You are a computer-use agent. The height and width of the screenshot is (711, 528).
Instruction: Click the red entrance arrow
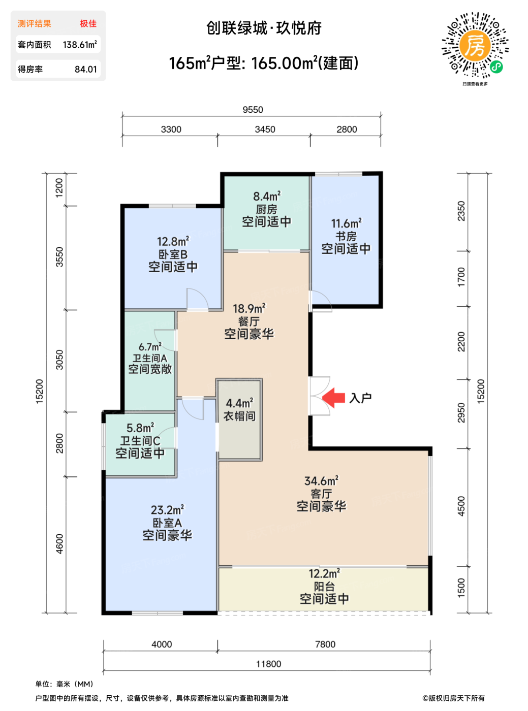point(333,398)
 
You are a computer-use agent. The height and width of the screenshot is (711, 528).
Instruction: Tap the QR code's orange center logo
point(475,47)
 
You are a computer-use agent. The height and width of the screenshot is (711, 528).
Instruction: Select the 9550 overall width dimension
point(253,110)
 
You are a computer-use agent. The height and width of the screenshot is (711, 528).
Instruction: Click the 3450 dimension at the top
point(265,130)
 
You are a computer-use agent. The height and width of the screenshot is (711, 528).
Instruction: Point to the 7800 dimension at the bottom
point(325,644)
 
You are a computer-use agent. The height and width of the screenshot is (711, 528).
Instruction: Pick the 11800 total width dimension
point(268,664)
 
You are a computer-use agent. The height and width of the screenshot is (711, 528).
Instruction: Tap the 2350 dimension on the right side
point(461,211)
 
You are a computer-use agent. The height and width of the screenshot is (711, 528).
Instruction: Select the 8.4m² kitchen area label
point(267,196)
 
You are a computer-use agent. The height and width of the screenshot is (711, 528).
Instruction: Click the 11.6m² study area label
point(347,223)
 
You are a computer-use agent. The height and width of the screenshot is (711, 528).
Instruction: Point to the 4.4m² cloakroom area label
point(240,403)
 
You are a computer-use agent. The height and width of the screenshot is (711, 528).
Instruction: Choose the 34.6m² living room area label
point(321,481)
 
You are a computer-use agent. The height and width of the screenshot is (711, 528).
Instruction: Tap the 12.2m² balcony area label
point(324,573)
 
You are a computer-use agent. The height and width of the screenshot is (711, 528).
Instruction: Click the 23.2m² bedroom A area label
point(168,510)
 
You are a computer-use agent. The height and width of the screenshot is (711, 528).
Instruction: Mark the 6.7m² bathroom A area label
point(150,346)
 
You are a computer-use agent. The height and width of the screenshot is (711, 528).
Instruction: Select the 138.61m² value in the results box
point(80,45)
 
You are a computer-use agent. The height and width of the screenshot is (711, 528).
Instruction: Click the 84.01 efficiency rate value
point(86,69)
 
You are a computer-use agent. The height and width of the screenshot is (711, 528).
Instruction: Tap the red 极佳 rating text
point(88,23)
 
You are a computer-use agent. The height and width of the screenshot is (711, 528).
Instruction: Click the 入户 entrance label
point(360,398)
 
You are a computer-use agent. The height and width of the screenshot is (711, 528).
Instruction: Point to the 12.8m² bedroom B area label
point(173,241)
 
